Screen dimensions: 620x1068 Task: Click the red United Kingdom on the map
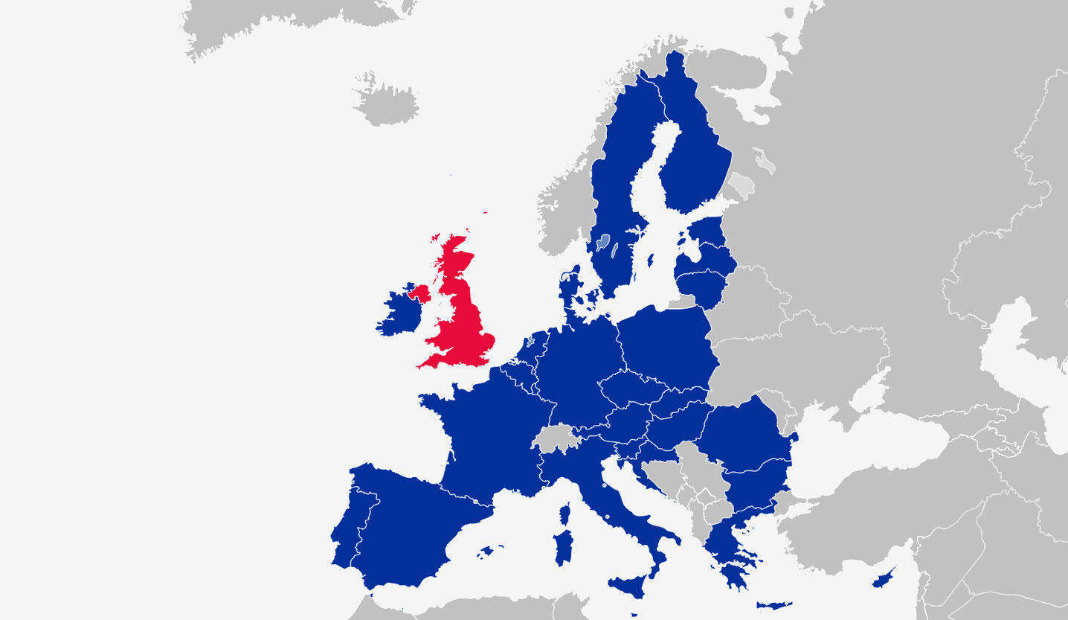point(465,320)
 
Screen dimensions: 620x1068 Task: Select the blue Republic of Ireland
point(399,313)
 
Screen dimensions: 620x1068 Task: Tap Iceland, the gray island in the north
point(387,104)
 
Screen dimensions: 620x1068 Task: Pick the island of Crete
point(773,604)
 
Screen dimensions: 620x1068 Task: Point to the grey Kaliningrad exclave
point(681,302)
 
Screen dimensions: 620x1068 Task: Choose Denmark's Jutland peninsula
point(570,287)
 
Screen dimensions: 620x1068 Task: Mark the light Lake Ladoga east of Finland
point(741,183)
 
